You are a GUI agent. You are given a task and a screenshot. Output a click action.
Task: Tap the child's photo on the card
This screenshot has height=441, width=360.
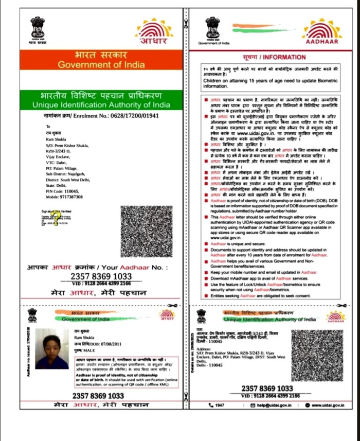(52, 352)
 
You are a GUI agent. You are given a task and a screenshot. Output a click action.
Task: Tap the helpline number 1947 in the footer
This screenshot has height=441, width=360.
(220, 405)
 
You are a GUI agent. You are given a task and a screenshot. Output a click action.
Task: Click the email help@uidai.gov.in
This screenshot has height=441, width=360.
(273, 405)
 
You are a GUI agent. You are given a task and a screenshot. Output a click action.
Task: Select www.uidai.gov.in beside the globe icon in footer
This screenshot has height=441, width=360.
(328, 405)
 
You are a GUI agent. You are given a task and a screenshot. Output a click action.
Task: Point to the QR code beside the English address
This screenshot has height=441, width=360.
(317, 355)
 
